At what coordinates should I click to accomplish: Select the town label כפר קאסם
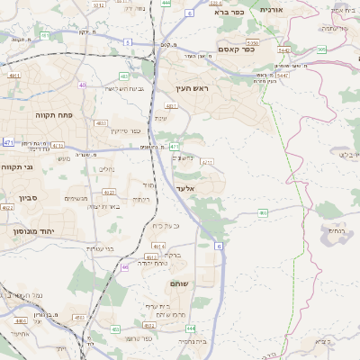(237, 49)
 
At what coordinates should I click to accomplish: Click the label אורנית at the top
(271, 9)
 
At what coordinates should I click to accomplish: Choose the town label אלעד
(184, 188)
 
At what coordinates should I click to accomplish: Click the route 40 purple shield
(82, 85)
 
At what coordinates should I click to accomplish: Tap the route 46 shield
(125, 266)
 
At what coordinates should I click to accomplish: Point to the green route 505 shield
(321, 49)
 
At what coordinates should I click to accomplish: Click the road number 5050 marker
(252, 41)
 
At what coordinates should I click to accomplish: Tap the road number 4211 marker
(208, 162)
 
